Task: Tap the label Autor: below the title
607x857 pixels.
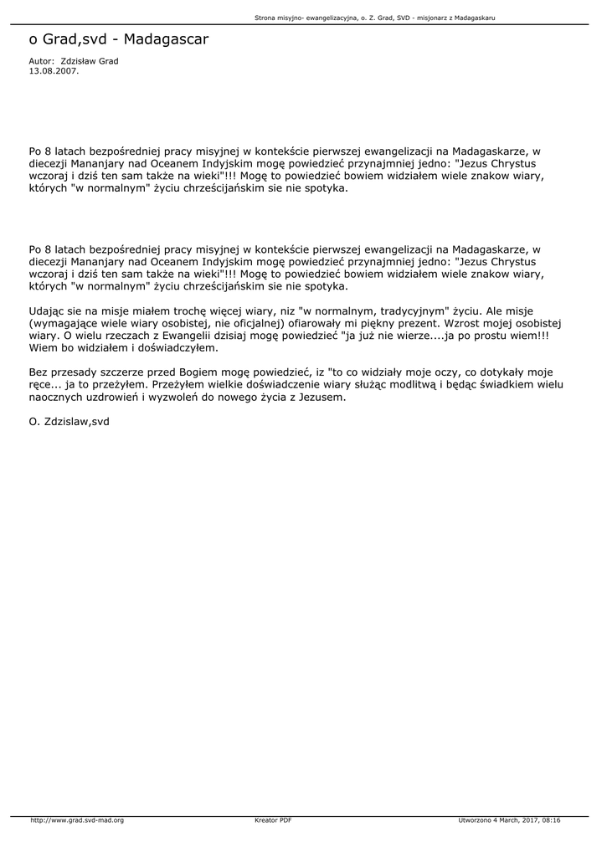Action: pos(42,62)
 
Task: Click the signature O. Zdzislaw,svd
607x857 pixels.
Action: pos(69,422)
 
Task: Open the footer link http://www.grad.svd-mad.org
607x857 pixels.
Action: pos(77,820)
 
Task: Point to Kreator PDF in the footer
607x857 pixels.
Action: pos(273,820)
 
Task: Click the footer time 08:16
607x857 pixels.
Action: pos(551,820)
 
